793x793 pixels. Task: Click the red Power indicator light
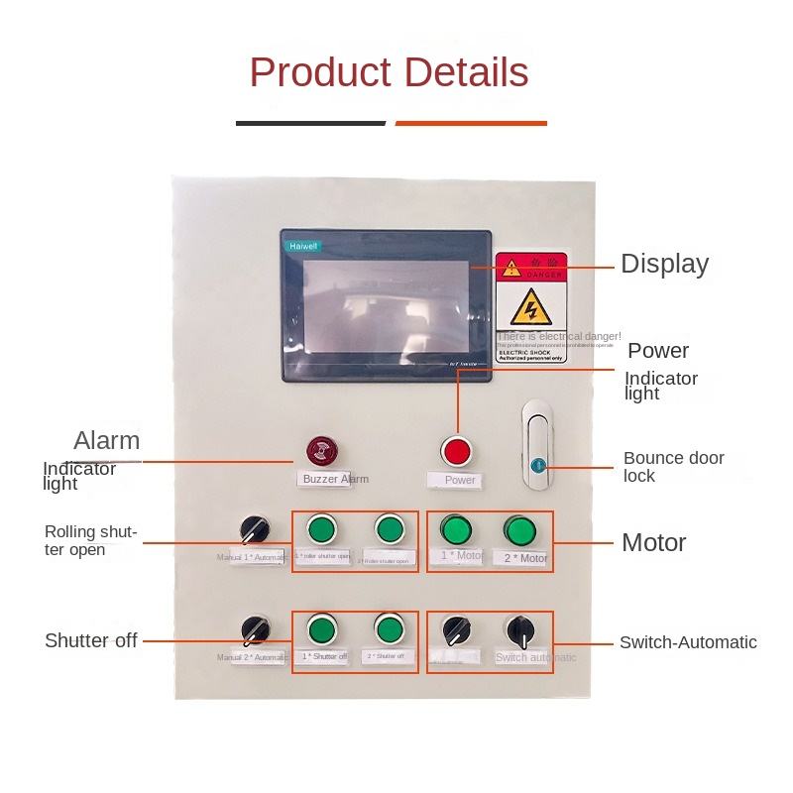(457, 451)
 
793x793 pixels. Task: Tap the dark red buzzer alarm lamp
(320, 451)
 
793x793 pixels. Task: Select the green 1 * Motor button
(455, 528)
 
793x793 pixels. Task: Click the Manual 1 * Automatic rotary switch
(255, 528)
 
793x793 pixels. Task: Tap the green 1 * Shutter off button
(320, 629)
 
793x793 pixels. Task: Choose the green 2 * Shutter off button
(388, 629)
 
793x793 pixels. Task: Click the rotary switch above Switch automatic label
(520, 629)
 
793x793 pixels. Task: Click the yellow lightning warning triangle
(531, 311)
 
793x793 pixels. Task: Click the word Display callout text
(664, 264)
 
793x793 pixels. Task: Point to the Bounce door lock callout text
(673, 467)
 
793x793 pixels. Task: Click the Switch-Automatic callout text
(688, 642)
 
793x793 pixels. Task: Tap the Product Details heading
(389, 73)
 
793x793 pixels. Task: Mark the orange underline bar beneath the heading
(471, 123)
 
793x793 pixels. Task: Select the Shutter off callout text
(90, 641)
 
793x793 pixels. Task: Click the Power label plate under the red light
(459, 480)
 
